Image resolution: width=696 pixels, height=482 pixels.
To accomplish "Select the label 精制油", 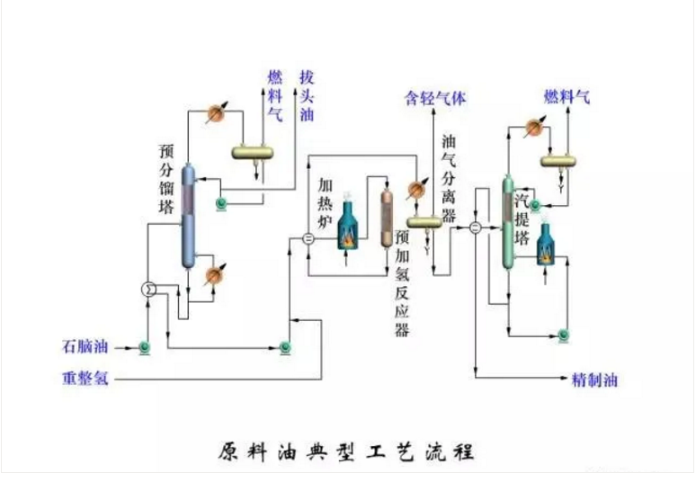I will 594,379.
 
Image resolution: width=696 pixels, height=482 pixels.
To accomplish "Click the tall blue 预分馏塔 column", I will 187,216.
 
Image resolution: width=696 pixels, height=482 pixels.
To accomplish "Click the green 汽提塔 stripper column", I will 508,225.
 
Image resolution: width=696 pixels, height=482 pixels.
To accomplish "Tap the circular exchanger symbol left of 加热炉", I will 307,239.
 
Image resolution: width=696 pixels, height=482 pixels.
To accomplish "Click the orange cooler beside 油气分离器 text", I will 415,190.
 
